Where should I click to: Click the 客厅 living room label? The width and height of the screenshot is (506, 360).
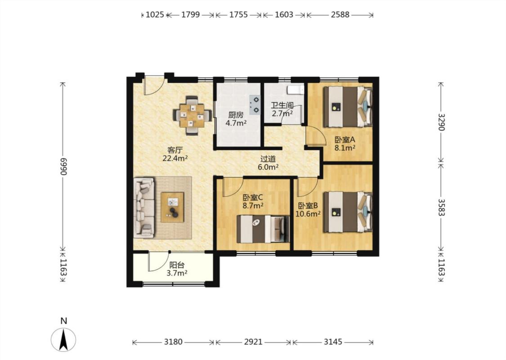click(x=175, y=150)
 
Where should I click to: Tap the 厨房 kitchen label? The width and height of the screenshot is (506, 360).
click(x=236, y=115)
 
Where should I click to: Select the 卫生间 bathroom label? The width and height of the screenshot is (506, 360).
click(x=282, y=106)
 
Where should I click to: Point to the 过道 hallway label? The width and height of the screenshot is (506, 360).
click(x=268, y=159)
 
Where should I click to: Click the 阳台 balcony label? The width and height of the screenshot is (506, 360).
click(x=177, y=265)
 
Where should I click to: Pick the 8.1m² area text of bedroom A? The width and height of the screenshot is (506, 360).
click(x=345, y=148)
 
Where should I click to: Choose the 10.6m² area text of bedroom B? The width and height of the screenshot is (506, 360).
click(x=308, y=213)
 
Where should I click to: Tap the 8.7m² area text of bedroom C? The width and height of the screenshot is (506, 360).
click(x=253, y=205)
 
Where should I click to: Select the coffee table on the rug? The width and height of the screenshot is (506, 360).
click(x=172, y=207)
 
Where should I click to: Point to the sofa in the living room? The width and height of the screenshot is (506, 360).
click(x=144, y=207)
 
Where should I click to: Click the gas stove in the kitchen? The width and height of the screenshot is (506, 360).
click(x=255, y=105)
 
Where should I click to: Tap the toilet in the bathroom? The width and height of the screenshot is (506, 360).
click(x=296, y=90)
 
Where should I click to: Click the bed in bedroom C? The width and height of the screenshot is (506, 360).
click(x=263, y=229)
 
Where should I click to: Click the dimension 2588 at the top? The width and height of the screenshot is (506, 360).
click(x=340, y=14)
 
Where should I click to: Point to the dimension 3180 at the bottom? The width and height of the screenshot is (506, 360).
click(x=173, y=342)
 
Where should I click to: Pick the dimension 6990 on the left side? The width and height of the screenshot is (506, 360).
click(x=63, y=166)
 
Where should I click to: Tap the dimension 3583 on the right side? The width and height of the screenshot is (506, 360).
click(x=441, y=207)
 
